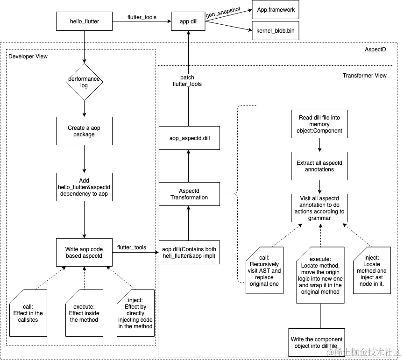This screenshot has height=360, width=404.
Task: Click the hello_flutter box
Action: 84,21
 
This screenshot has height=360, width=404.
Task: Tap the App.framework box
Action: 276,9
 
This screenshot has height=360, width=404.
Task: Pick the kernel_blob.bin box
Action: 276,30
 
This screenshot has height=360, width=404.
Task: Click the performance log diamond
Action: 84,83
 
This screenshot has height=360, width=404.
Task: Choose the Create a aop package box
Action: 84,131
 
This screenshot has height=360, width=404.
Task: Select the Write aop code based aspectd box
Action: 84,253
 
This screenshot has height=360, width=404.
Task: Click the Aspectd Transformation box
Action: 189,193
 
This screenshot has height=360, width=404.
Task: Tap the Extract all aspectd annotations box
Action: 319,166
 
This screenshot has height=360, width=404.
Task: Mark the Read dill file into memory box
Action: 319,124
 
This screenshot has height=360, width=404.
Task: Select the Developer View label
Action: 28,56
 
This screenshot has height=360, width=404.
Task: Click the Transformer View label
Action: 364,75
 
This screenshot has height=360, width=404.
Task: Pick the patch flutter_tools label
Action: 187,81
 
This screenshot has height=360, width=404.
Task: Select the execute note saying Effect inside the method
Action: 84,313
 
